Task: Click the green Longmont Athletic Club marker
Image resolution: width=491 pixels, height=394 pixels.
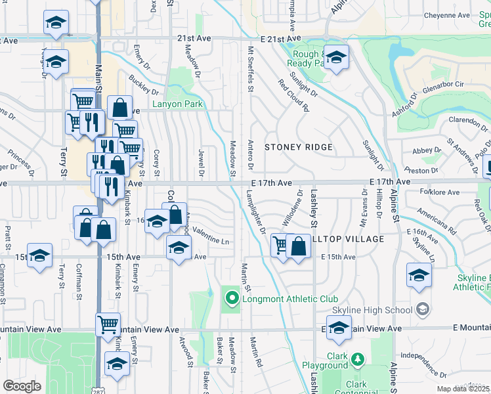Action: click(x=231, y=300)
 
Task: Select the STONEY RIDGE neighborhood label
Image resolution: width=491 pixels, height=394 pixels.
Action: click(x=299, y=147)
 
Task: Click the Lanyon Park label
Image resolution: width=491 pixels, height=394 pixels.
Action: click(x=178, y=104)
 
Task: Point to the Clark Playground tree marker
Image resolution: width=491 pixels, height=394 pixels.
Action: click(x=357, y=360)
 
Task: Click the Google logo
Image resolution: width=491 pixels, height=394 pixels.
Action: click(x=22, y=386)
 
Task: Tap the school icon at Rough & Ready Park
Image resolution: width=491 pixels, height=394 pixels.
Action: click(x=336, y=58)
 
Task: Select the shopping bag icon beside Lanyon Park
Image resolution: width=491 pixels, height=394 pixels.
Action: click(x=119, y=107)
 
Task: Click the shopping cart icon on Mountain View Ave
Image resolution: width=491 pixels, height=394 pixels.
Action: click(x=108, y=324)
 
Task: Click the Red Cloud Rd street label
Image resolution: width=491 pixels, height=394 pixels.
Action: click(x=293, y=96)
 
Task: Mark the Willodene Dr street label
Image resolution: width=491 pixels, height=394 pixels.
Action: click(x=289, y=209)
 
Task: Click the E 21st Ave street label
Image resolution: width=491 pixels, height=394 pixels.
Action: click(x=284, y=39)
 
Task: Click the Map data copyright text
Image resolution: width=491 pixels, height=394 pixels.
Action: click(x=463, y=389)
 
